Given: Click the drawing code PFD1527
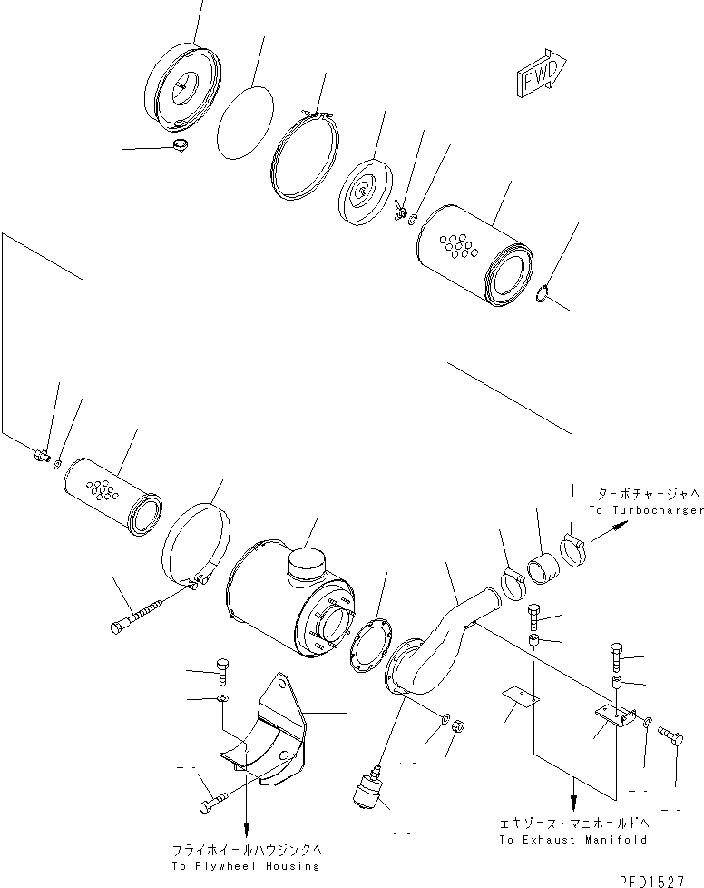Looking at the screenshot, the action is [x=651, y=881].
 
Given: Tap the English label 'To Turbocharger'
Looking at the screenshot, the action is [x=646, y=510].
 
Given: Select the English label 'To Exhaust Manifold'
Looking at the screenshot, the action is [x=572, y=840].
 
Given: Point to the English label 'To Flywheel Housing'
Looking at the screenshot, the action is [x=246, y=866].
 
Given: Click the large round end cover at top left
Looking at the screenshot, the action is [x=181, y=86].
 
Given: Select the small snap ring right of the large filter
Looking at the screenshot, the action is [x=543, y=295].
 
